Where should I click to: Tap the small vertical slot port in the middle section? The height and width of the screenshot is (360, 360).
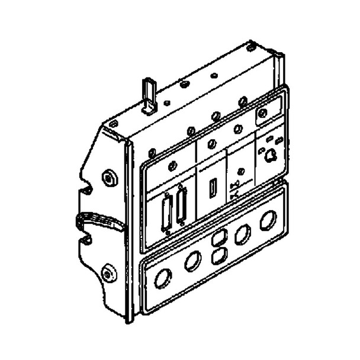point(211,191)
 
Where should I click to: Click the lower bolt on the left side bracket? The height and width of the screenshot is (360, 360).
point(107,273)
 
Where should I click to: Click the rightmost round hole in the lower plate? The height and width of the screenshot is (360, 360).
point(268,220)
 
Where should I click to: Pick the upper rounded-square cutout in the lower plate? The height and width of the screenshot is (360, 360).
point(217,238)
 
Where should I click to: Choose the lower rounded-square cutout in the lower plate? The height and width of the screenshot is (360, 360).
point(218,256)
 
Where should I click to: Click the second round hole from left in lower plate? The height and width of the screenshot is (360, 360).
point(192,261)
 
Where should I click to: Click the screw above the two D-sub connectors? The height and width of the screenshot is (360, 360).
point(172,166)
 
